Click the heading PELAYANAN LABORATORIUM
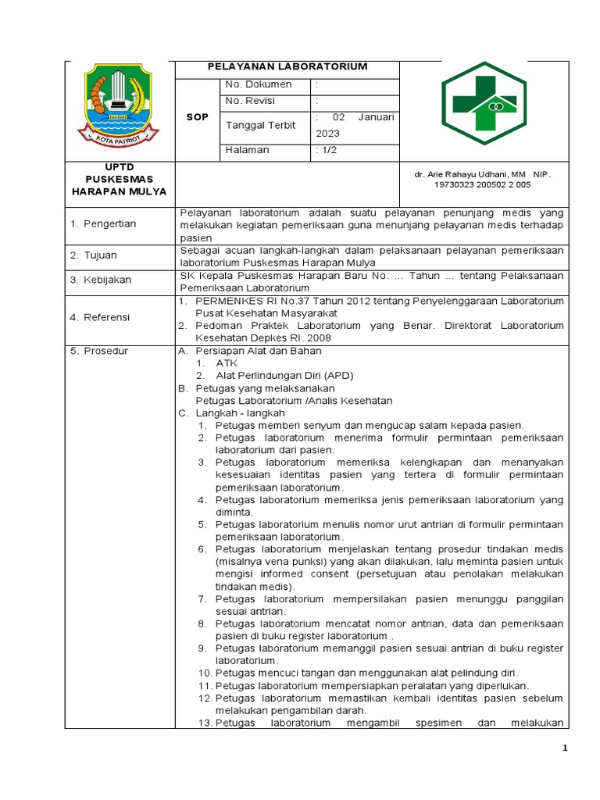point(287,67)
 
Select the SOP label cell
point(197,116)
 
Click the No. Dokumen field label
point(258,84)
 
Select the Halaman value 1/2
point(327,150)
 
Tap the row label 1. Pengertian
point(103,224)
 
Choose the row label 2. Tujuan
point(93,255)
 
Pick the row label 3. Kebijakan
point(101,280)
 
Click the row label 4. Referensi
point(101,318)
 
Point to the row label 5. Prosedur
point(99,351)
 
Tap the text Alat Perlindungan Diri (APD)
point(284,376)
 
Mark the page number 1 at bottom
point(566,749)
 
